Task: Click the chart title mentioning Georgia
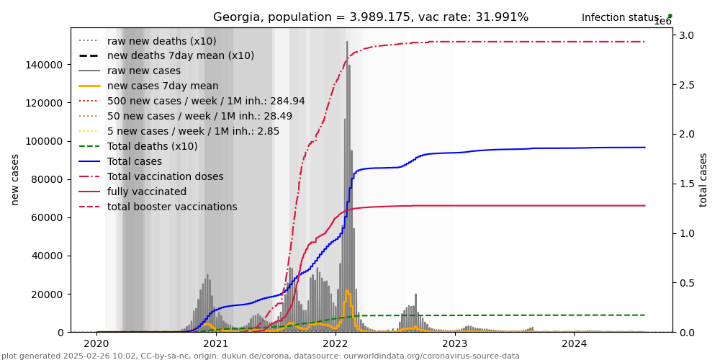370,17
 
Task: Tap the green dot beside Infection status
670,15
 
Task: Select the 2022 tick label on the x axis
336,343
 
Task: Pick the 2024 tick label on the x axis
574,343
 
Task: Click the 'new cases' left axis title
15,179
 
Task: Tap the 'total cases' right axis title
703,179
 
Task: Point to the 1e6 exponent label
662,22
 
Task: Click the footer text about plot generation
261,356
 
